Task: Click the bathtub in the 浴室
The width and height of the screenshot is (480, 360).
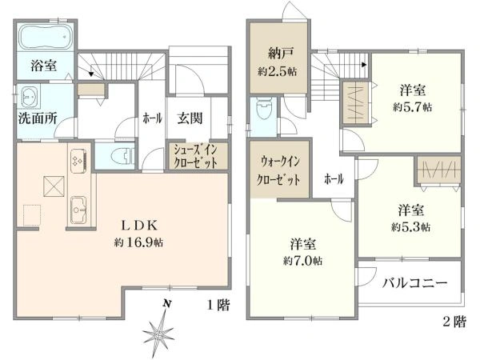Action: [x=45, y=38]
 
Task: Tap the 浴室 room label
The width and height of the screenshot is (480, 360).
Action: [x=44, y=66]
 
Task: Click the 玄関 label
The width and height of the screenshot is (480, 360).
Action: [x=190, y=118]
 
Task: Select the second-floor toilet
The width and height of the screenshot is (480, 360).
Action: [x=262, y=112]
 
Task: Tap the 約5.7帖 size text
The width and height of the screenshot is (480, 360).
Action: [x=413, y=106]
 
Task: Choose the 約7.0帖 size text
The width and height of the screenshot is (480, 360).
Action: [x=303, y=261]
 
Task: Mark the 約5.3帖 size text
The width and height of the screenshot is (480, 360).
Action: [x=410, y=226]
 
